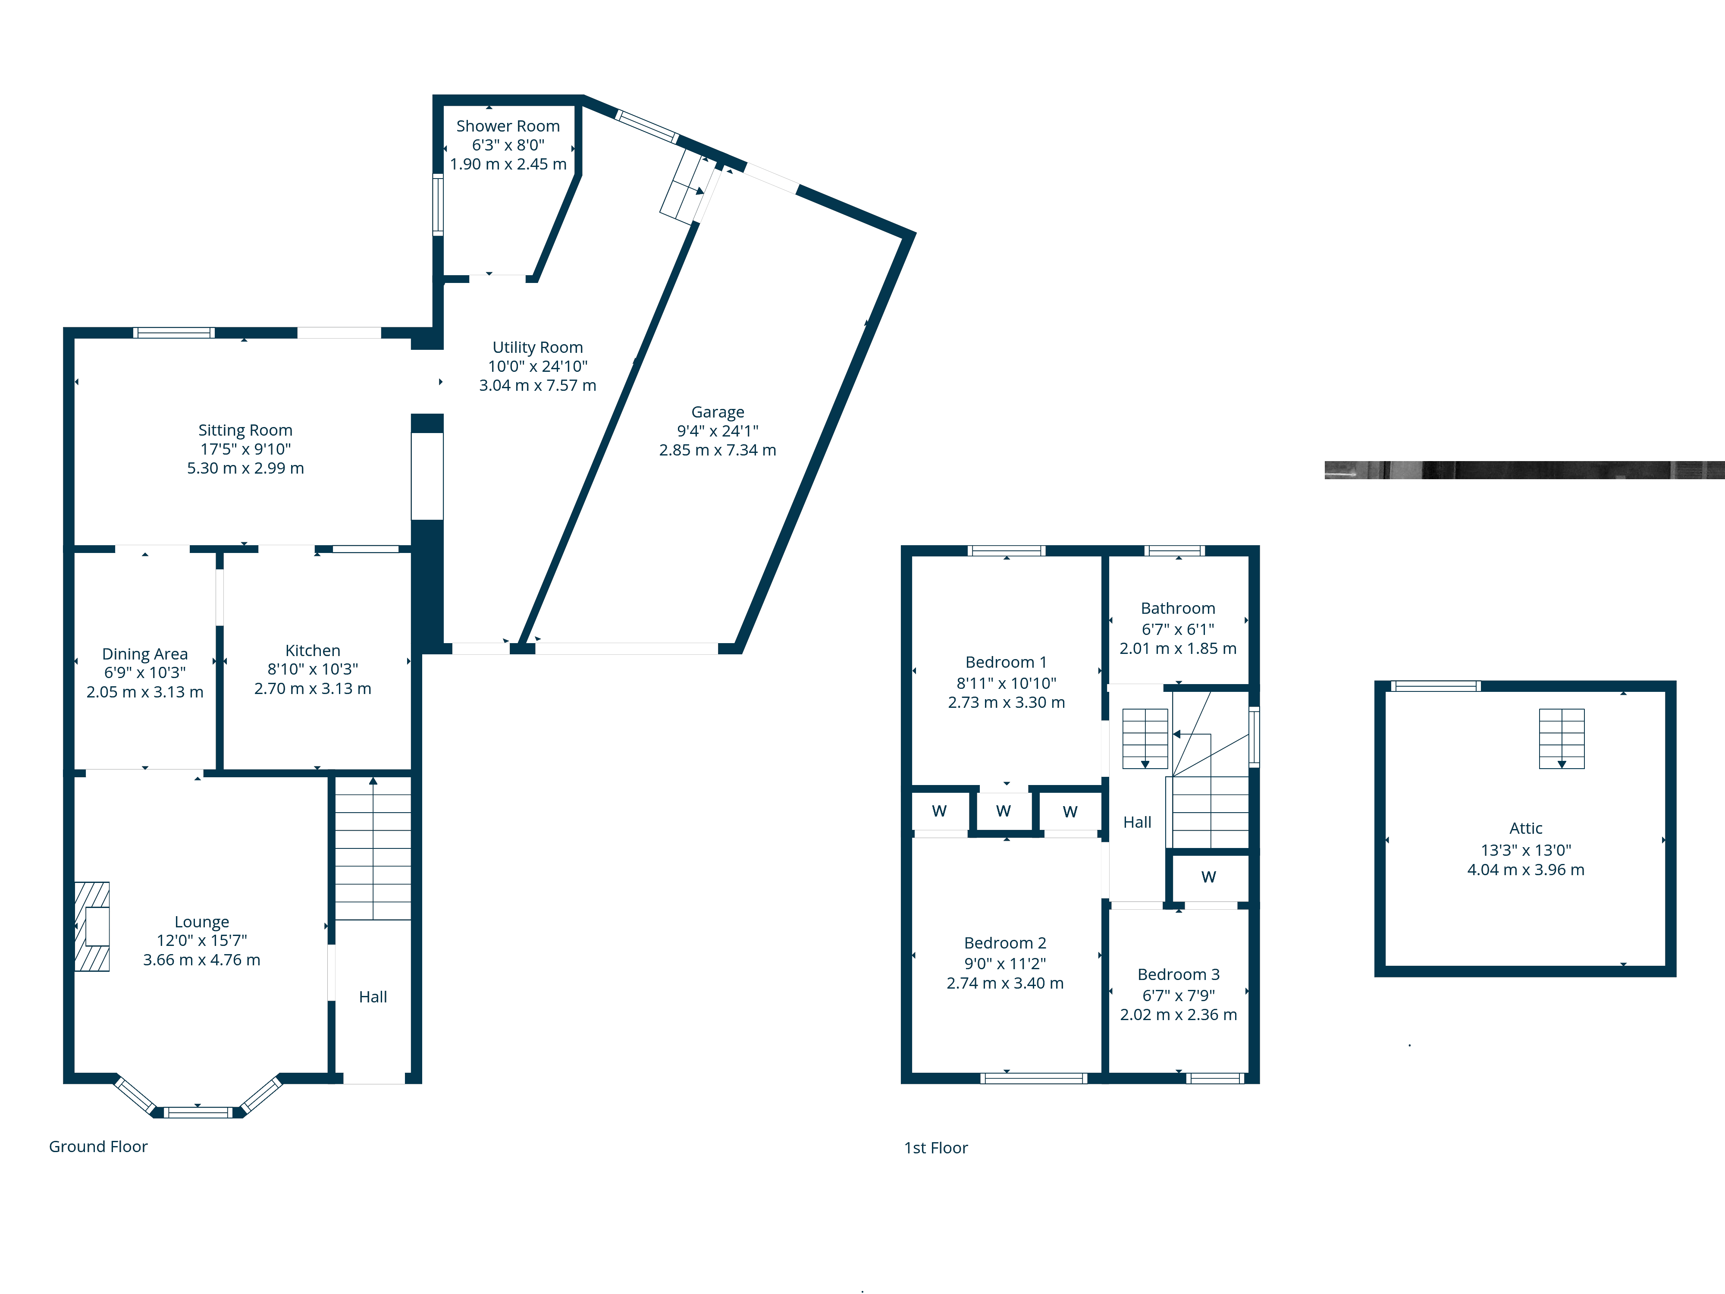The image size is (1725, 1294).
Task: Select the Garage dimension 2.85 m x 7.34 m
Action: [718, 450]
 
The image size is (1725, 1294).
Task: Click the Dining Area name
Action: [145, 653]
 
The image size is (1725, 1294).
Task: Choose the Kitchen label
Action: [313, 650]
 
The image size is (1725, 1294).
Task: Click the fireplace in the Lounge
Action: [92, 927]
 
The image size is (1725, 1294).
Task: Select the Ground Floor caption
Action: [98, 1146]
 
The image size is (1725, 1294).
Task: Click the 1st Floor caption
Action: [936, 1148]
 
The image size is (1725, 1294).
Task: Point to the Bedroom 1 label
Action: [1006, 662]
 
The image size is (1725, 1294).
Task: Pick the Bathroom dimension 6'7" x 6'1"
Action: [1178, 629]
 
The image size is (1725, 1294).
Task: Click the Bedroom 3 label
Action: [1178, 974]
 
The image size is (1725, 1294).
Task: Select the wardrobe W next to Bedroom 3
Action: [1209, 877]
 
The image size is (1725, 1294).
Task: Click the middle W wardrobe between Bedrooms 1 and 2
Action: [1004, 811]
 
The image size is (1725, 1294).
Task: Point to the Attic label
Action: [1526, 828]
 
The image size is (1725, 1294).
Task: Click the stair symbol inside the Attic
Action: [1561, 738]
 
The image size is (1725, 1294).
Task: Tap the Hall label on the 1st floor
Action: [1137, 822]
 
